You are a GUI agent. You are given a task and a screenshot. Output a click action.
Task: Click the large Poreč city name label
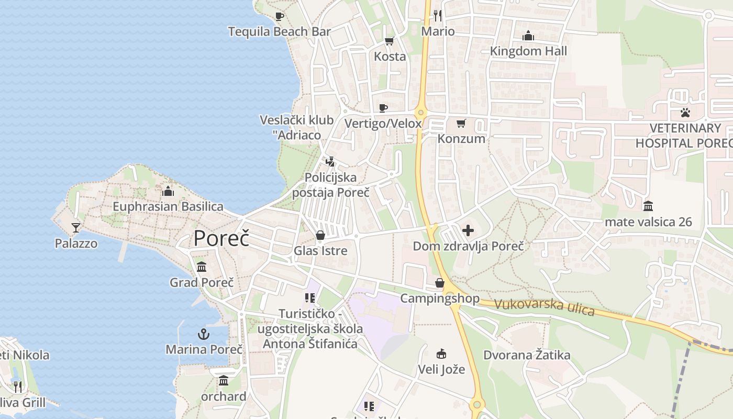pyautogui.click(x=221, y=238)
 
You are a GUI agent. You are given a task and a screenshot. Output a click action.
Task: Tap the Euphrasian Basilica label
pyautogui.click(x=168, y=207)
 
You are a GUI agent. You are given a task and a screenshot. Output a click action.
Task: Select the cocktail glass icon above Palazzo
pyautogui.click(x=76, y=227)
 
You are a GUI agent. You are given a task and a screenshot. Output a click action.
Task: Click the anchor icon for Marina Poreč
pyautogui.click(x=203, y=334)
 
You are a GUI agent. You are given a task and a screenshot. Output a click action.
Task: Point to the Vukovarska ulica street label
pyautogui.click(x=545, y=307)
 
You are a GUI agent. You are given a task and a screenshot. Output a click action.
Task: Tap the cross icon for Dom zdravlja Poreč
pyautogui.click(x=468, y=230)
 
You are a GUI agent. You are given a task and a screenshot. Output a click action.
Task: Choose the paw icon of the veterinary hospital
pyautogui.click(x=685, y=112)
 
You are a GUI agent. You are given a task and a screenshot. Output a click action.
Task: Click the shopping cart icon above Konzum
pyautogui.click(x=461, y=123)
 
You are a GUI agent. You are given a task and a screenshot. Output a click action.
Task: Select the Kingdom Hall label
pyautogui.click(x=528, y=51)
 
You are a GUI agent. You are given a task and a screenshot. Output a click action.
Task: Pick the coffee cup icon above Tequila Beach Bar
pyautogui.click(x=280, y=16)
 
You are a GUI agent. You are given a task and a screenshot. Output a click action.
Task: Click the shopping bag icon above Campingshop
pyautogui.click(x=440, y=283)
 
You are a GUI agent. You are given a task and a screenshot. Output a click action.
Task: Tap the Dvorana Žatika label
pyautogui.click(x=527, y=355)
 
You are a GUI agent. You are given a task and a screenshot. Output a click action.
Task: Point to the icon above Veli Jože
pyautogui.click(x=441, y=354)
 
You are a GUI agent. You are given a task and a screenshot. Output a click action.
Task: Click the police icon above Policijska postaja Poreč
pyautogui.click(x=330, y=162)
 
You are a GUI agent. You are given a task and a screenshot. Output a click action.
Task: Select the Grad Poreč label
pyautogui.click(x=202, y=283)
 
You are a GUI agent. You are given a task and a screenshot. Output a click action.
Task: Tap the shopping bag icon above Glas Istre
pyautogui.click(x=320, y=235)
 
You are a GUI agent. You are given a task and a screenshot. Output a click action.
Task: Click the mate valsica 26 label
pyautogui.click(x=648, y=222)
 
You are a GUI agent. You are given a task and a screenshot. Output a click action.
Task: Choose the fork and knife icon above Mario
pyautogui.click(x=438, y=16)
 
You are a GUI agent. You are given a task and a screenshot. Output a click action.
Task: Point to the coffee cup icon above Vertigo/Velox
pyautogui.click(x=383, y=108)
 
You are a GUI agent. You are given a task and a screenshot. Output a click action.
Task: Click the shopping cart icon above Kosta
pyautogui.click(x=389, y=41)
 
